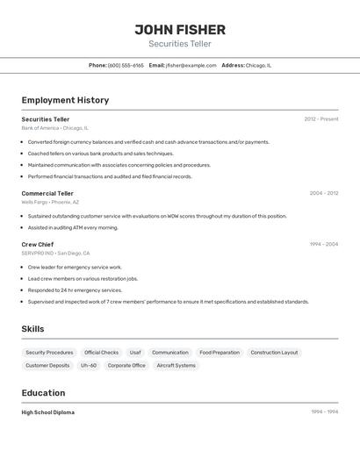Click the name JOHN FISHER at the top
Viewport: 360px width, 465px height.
[180, 30]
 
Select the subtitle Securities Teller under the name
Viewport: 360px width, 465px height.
[180, 44]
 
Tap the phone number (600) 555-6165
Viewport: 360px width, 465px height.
[126, 65]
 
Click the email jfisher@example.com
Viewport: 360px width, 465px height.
[191, 65]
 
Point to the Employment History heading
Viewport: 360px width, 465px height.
[65, 100]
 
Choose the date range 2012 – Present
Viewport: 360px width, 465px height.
[321, 118]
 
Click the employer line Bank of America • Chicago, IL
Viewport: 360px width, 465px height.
[54, 128]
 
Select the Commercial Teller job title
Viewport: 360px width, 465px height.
[47, 193]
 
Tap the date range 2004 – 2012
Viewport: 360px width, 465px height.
[323, 193]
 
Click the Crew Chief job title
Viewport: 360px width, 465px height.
[38, 244]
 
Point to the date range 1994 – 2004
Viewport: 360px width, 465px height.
[323, 244]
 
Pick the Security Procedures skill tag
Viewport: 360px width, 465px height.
[49, 353]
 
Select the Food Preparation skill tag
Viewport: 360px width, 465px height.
[220, 353]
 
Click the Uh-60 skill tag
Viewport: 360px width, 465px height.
[89, 365]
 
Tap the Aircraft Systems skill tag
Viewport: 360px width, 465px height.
[176, 365]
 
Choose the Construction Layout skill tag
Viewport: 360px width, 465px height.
[274, 353]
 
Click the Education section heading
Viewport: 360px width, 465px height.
[43, 393]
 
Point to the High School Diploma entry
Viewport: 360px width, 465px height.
[48, 412]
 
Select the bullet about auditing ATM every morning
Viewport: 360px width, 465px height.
[73, 227]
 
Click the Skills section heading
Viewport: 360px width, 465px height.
[32, 329]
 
